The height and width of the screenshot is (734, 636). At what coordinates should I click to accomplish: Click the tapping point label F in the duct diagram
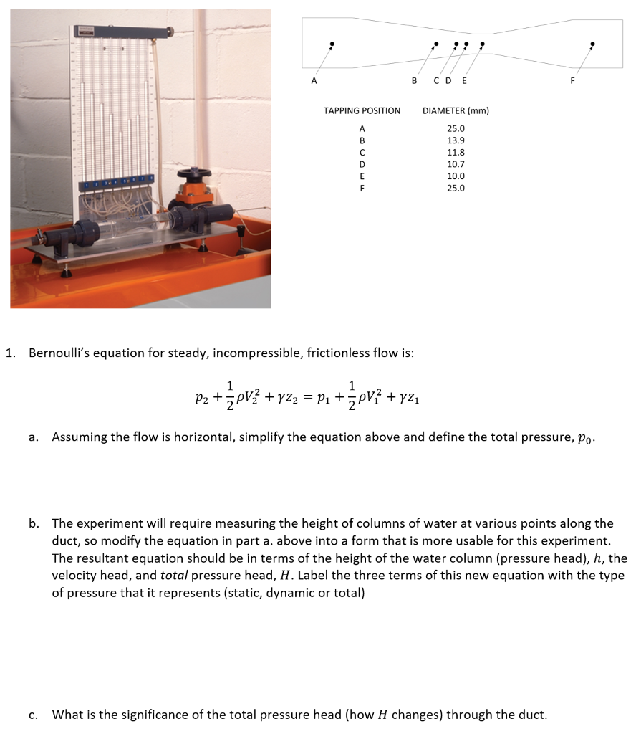pos(572,80)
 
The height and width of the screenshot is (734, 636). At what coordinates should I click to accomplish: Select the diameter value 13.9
pos(456,140)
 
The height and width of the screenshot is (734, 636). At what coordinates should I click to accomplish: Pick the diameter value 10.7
pos(456,164)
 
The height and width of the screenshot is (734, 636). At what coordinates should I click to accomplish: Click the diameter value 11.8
pos(456,153)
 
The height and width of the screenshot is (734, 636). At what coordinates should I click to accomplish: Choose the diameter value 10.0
pos(456,176)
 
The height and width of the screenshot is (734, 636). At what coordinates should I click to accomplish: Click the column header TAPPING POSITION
pos(362,111)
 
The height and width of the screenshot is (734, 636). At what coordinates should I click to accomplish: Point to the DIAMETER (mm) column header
pos(456,111)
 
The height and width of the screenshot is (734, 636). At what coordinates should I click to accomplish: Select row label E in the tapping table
pos(362,176)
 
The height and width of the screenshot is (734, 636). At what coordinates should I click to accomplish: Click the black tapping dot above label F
pos(592,44)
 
